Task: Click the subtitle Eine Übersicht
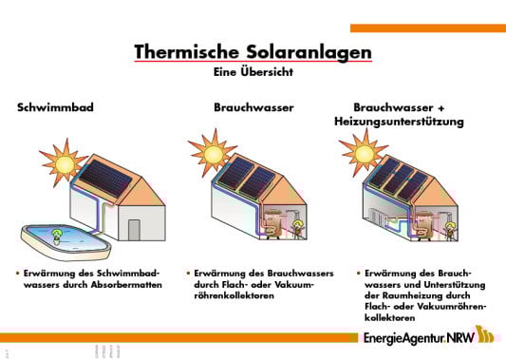point(253,71)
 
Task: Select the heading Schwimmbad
point(55,108)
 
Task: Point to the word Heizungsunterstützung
point(399,123)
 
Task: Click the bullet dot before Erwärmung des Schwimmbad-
point(17,272)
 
